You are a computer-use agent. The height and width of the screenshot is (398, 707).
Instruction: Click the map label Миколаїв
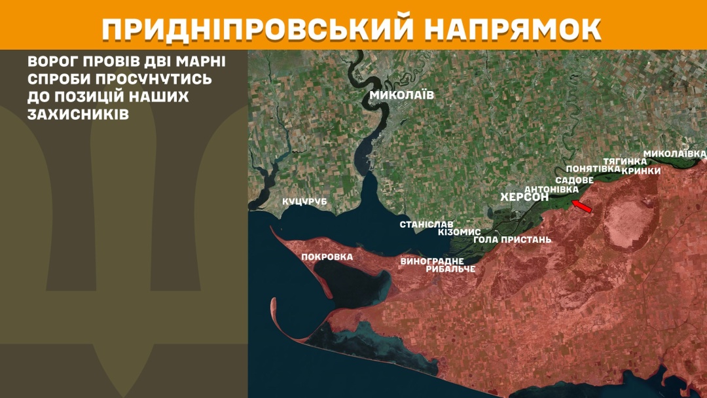click(401, 95)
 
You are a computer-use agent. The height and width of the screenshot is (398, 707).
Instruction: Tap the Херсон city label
click(524, 197)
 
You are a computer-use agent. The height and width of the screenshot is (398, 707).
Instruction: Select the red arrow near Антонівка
click(581, 207)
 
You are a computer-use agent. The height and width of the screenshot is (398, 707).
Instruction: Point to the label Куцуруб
click(304, 201)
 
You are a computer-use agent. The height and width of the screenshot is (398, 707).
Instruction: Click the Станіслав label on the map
click(426, 225)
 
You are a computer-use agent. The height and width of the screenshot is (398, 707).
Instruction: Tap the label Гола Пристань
click(513, 240)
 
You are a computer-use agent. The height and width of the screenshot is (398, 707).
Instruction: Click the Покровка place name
click(327, 257)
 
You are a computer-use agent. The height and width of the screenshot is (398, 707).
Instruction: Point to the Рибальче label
click(450, 269)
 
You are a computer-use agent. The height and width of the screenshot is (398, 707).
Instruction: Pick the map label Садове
click(574, 179)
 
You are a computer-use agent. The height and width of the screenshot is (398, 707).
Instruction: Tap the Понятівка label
click(592, 169)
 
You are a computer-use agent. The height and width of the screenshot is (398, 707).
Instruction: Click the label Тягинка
click(625, 161)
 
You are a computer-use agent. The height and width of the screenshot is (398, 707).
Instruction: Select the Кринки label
click(641, 170)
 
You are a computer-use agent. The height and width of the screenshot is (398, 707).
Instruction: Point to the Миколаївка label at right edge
click(674, 154)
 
